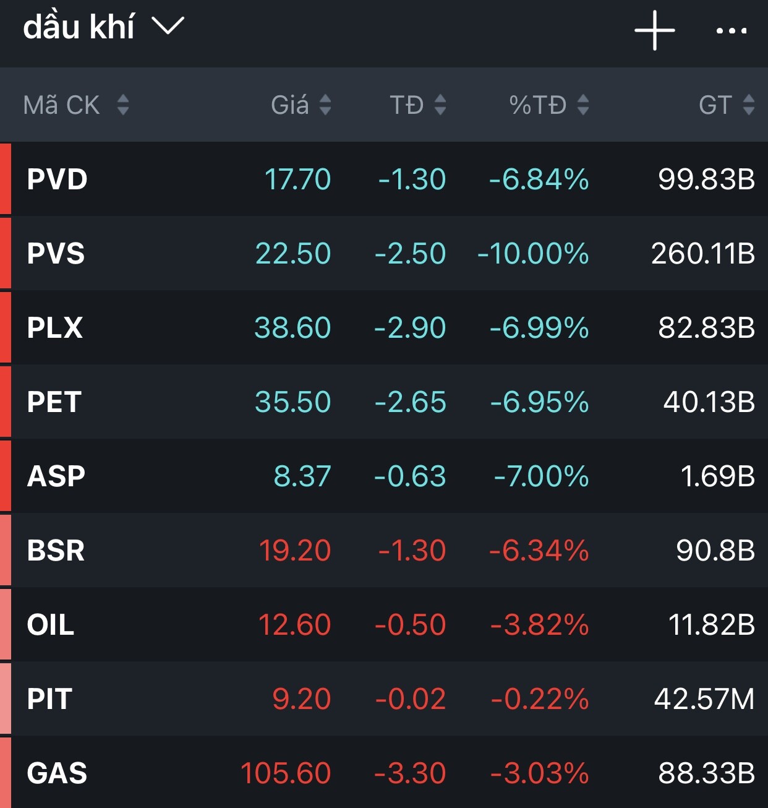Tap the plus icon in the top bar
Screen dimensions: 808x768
tap(654, 30)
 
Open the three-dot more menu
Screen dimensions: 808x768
tap(731, 30)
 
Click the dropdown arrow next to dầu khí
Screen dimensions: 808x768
tap(168, 26)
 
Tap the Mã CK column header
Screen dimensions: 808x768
tap(61, 105)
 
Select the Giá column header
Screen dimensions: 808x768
tap(290, 105)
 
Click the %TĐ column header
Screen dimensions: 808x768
tap(537, 105)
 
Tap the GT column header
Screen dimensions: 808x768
tap(715, 105)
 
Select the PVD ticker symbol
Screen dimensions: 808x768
tap(57, 179)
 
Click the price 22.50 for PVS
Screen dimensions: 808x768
tap(293, 254)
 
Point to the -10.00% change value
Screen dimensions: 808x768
tap(533, 254)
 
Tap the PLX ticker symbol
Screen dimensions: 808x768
tap(54, 328)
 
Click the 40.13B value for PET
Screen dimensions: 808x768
tap(709, 402)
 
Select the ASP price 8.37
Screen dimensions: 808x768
tap(302, 476)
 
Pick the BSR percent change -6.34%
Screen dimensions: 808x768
tap(539, 551)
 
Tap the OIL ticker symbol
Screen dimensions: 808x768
tap(50, 625)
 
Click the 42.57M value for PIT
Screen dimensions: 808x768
tap(704, 699)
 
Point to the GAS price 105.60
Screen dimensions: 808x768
tap(286, 773)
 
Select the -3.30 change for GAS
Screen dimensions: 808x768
tap(410, 773)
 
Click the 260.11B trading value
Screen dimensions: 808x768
tap(703, 254)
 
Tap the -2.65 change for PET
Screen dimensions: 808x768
tap(410, 402)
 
